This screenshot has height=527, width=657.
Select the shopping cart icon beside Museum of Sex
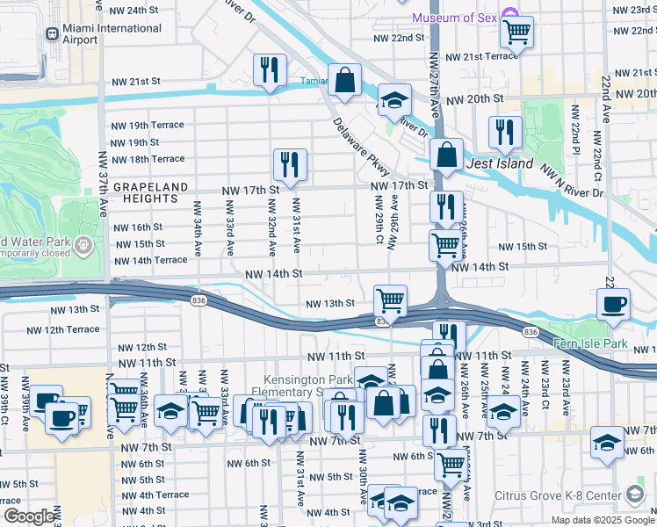point(517,33)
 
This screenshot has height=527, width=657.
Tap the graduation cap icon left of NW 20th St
point(394,100)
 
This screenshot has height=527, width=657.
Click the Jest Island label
point(501,163)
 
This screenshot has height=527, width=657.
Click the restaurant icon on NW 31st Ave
point(289,164)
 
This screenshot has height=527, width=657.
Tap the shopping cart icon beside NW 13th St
point(390,300)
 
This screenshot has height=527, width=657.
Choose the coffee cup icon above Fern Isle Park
point(613,304)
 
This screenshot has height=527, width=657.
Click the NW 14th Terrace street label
point(150,260)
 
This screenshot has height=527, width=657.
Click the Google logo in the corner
point(29,517)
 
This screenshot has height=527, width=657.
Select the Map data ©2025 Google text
point(603,520)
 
